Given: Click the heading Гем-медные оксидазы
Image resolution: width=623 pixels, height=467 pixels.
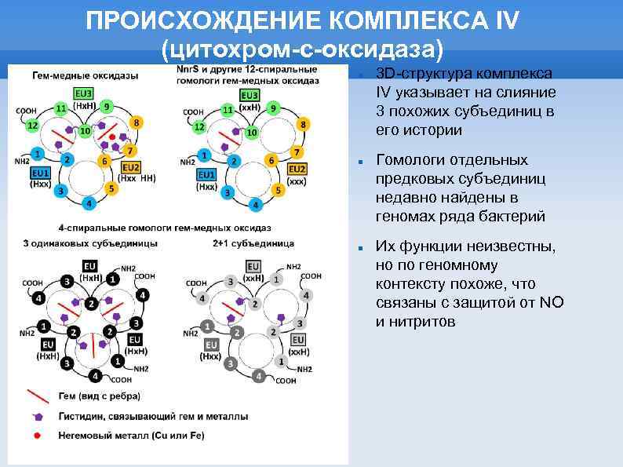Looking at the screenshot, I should (86, 76).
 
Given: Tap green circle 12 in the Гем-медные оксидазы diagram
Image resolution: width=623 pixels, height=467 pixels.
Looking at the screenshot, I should (32, 126).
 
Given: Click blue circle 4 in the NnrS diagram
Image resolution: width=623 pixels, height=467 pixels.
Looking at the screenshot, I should (253, 205).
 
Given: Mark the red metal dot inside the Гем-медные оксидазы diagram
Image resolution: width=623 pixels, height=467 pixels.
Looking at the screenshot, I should (112, 137).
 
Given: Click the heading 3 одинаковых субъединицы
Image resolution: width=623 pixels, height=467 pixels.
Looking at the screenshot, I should (79, 243).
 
